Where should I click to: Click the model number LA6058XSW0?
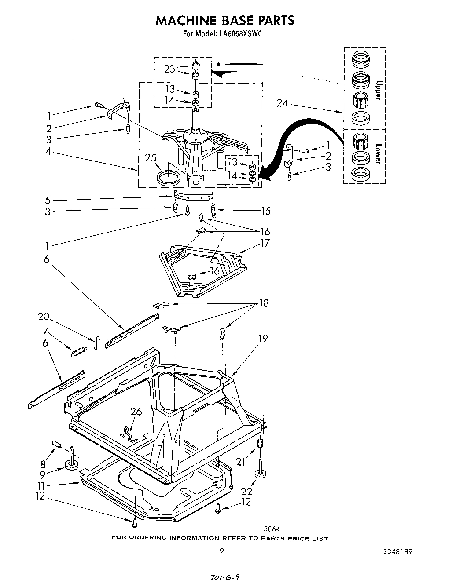click(239, 33)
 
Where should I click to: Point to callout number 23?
click(169, 69)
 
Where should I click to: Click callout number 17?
click(265, 243)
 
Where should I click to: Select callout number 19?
click(263, 338)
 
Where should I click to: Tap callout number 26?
click(136, 411)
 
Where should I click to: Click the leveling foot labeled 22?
click(261, 475)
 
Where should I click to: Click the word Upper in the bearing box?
click(378, 90)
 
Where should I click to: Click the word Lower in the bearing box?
click(377, 153)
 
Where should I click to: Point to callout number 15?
click(265, 211)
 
